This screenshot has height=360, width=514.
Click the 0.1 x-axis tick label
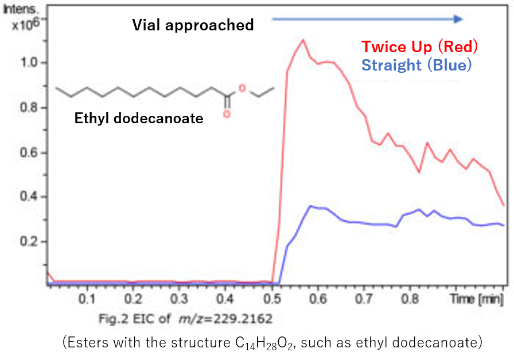coord(87,299)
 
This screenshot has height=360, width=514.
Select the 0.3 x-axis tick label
coord(180,299)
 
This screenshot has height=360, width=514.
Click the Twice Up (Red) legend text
coord(419,46)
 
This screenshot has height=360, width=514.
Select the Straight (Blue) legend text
coord(416,65)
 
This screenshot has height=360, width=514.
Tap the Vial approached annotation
coord(193,25)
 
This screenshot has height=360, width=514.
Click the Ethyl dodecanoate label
coord(139,119)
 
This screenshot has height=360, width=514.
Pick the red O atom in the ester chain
coord(242,88)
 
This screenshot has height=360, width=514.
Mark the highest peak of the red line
coord(303,40)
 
